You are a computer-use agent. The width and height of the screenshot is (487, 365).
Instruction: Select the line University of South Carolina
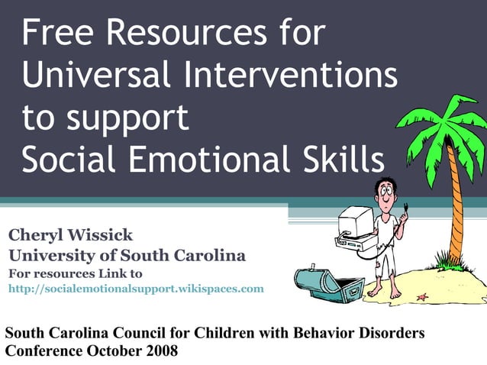tap(127, 256)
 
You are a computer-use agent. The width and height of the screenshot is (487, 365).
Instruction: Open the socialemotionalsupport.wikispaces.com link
tap(136, 289)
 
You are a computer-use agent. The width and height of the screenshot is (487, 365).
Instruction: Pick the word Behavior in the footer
tap(327, 334)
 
